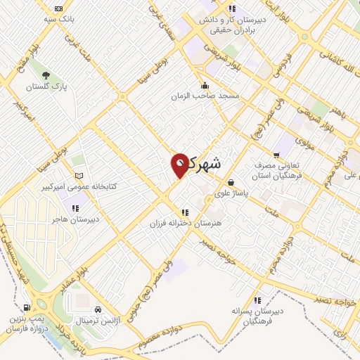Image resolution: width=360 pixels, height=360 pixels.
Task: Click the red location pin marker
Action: [x=179, y=165]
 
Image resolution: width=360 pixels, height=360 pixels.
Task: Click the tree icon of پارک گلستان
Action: [x=45, y=75]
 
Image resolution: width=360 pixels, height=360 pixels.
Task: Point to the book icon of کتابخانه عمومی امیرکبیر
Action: [x=78, y=175]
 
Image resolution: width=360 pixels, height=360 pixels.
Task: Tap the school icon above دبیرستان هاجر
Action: [x=75, y=208]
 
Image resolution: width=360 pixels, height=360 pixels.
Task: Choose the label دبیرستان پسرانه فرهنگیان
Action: [x=259, y=316]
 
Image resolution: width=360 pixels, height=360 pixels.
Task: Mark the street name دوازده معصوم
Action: [x=167, y=338]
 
